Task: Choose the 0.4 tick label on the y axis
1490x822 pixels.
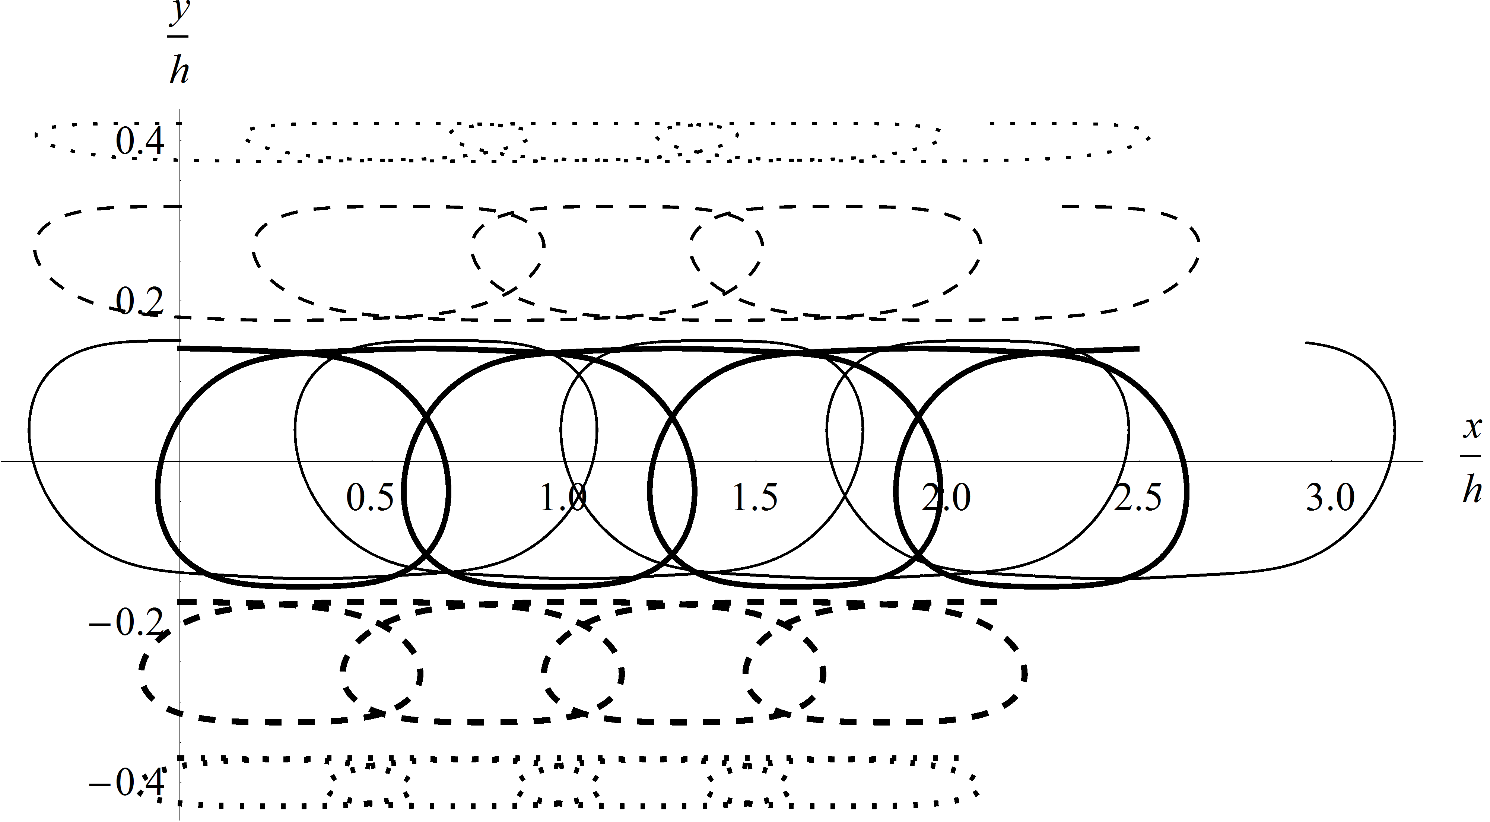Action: [x=140, y=142]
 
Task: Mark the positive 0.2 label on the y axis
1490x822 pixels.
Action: [x=140, y=301]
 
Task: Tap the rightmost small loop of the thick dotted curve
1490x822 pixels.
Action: [x=746, y=785]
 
